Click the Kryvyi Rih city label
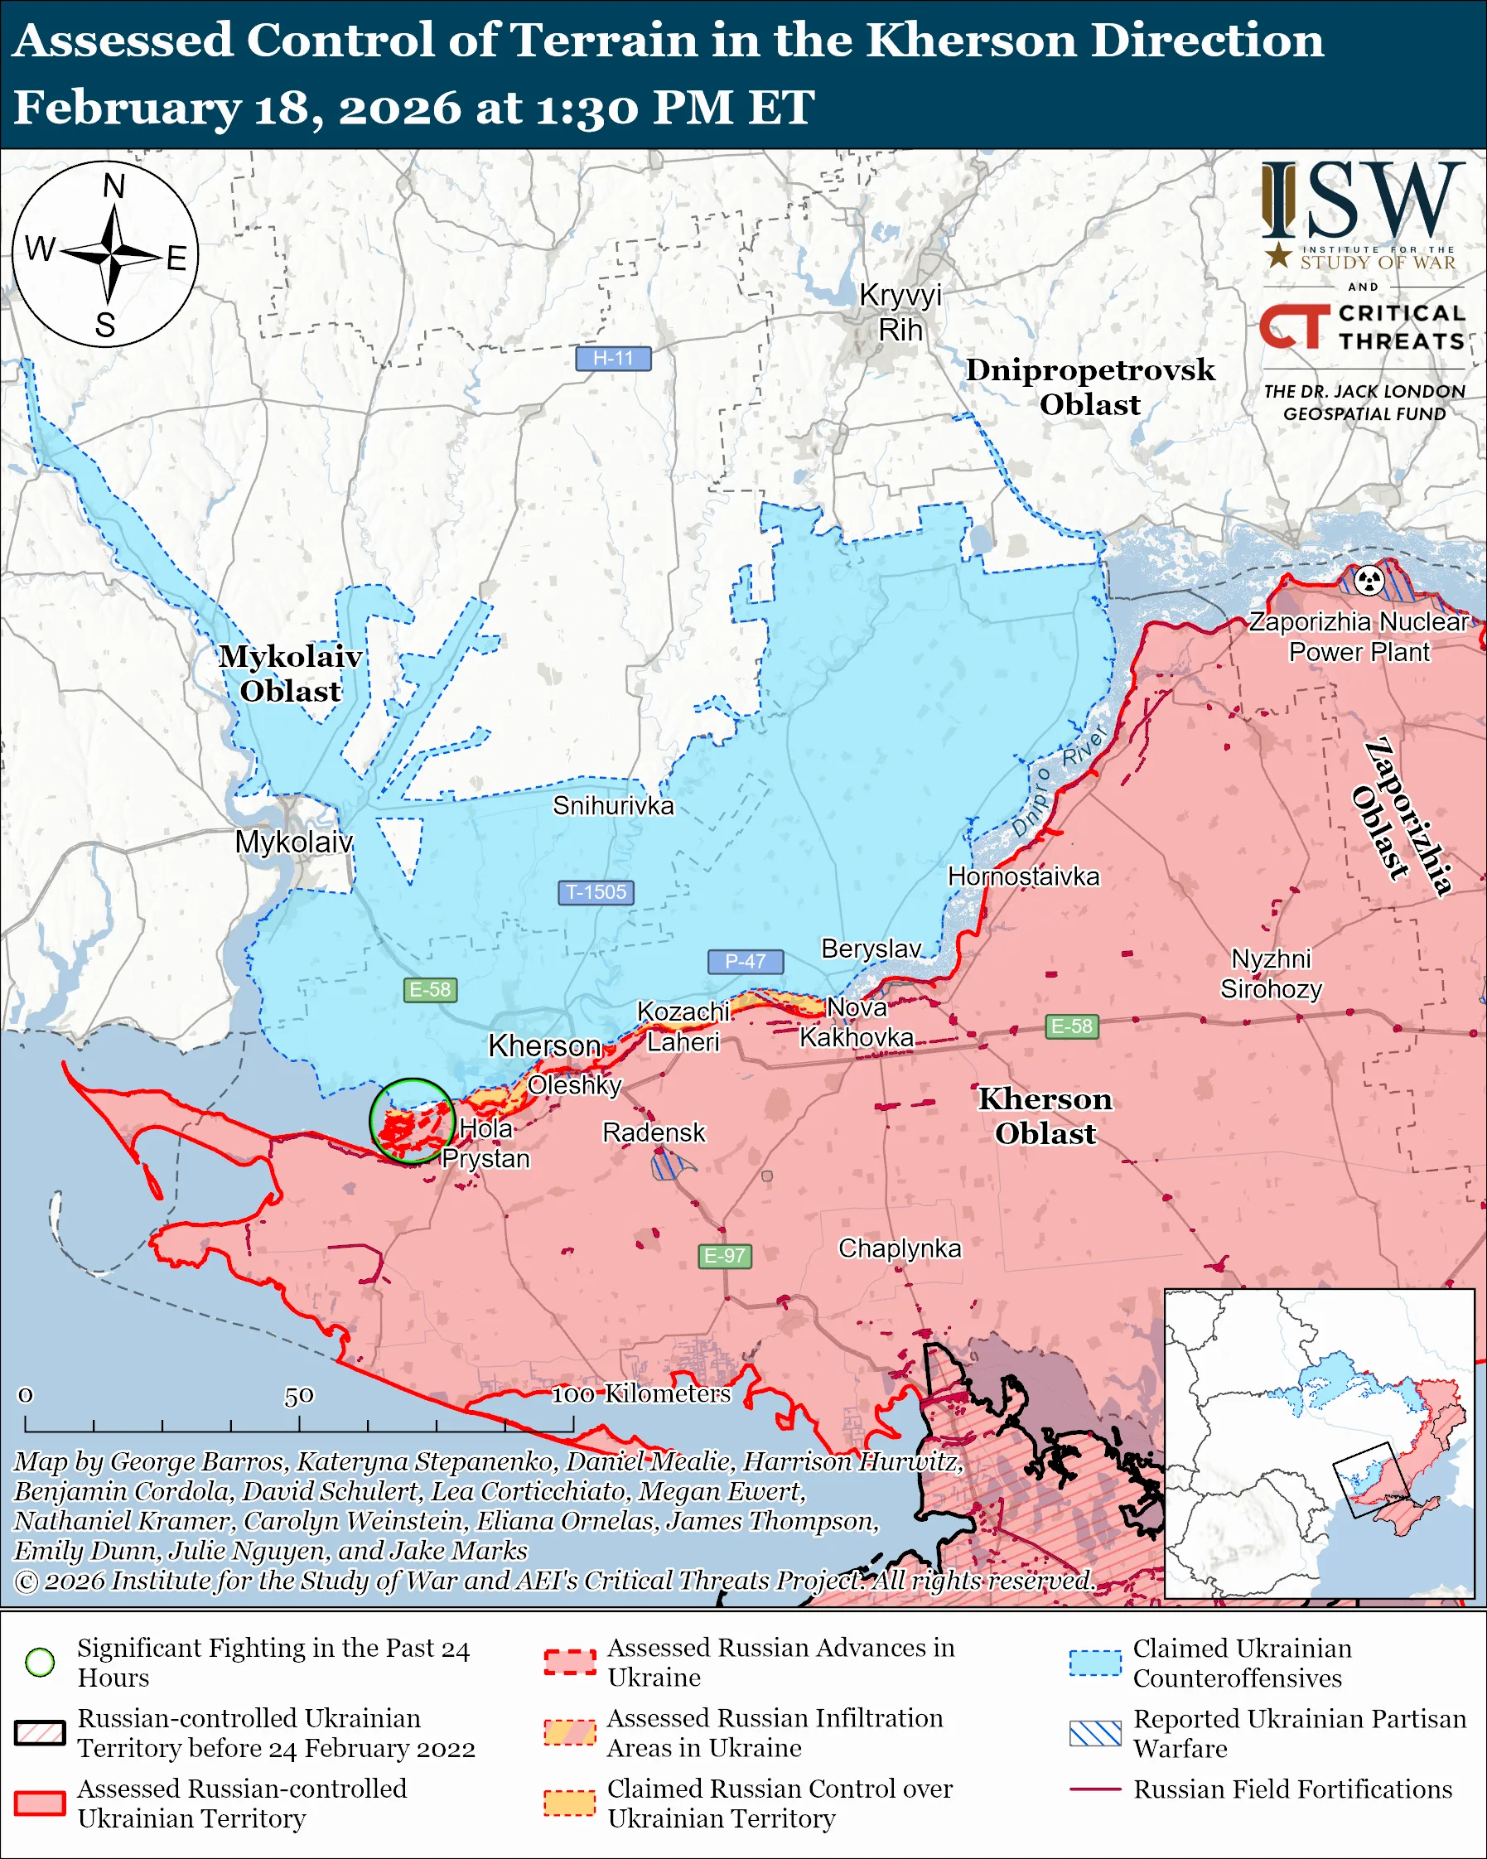(900, 312)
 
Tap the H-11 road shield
(613, 358)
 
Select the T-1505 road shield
(596, 891)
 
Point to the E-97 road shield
(724, 1255)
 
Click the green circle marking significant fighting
(412, 1121)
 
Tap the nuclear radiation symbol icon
(1369, 580)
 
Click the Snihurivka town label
(613, 805)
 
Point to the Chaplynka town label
(899, 1248)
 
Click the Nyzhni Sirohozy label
(1271, 973)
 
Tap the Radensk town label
(654, 1132)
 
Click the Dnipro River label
(1059, 782)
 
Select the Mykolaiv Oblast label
(291, 674)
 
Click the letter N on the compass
(113, 186)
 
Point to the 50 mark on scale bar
(299, 1396)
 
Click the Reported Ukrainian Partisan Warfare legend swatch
(1095, 1733)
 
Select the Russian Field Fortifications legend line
(1095, 1789)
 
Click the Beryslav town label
(871, 949)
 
